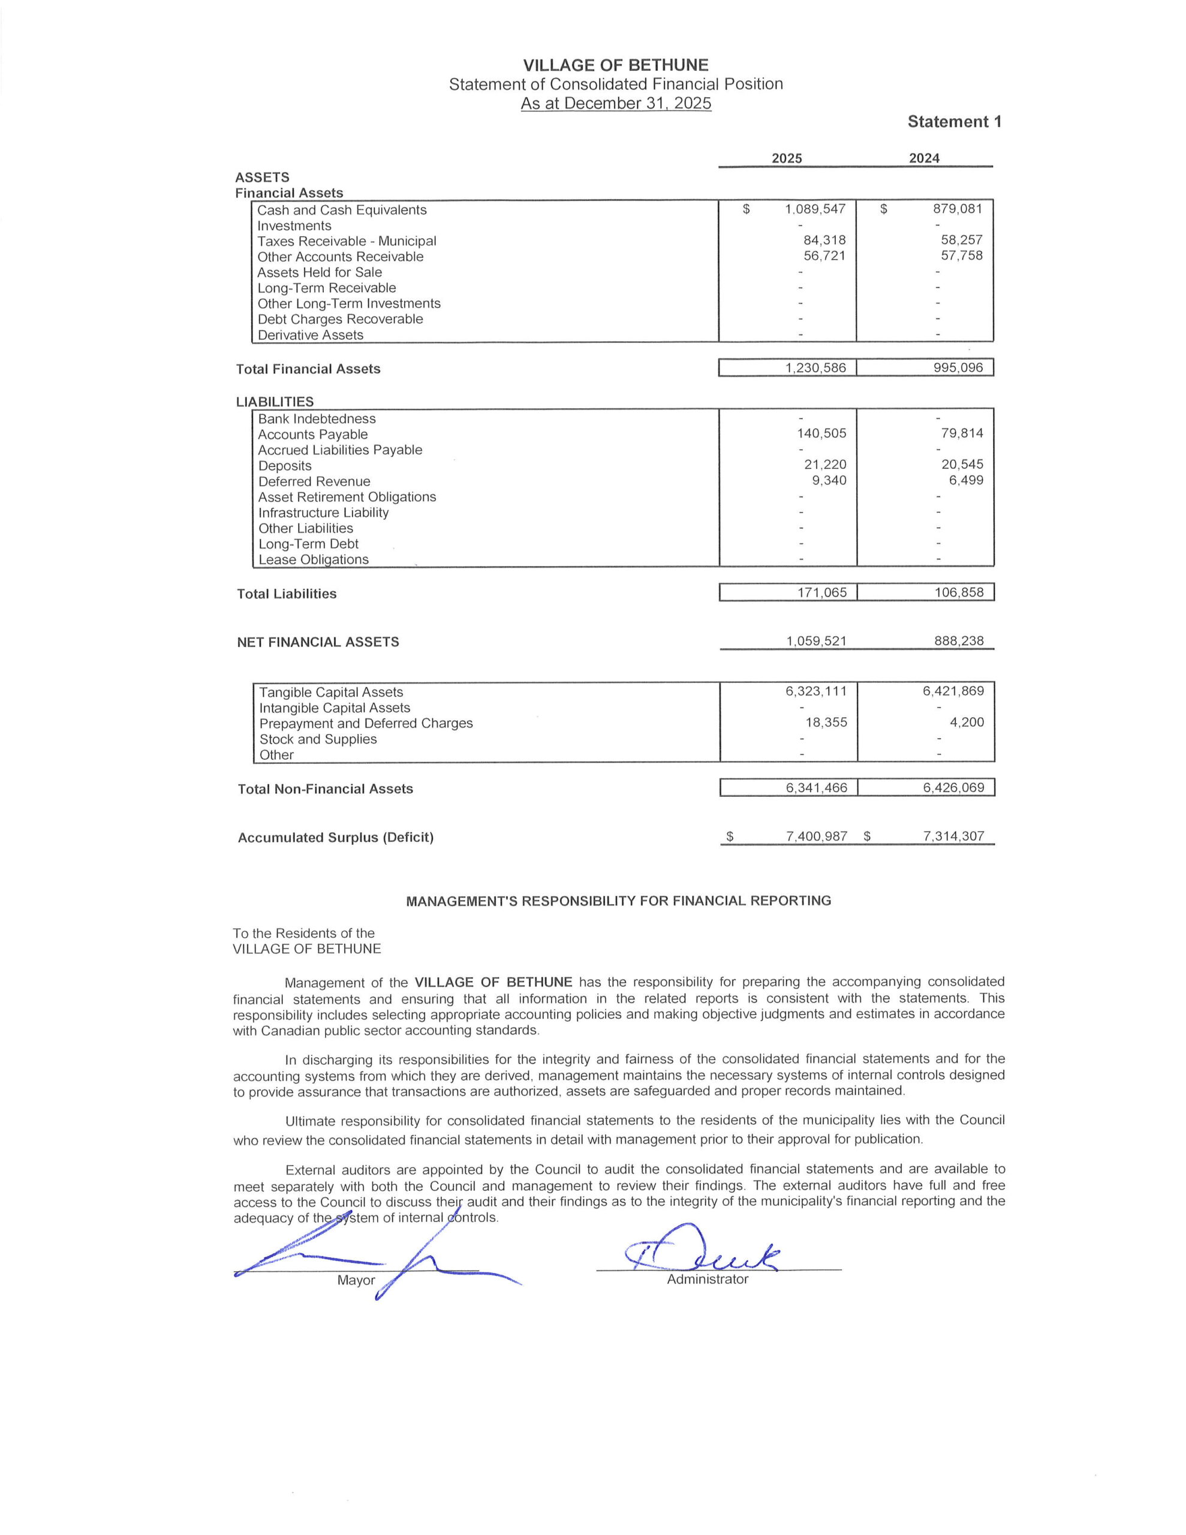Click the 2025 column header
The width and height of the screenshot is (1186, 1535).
click(786, 158)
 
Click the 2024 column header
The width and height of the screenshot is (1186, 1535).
click(924, 158)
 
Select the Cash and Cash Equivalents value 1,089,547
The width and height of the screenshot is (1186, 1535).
click(815, 209)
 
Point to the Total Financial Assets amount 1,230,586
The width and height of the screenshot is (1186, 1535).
click(815, 368)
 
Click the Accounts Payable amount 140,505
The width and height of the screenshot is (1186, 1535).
click(821, 434)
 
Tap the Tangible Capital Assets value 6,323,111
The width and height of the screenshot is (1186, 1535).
click(815, 691)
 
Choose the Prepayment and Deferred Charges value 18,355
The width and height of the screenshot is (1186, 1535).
click(826, 722)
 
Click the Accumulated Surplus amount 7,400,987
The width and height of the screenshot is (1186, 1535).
click(816, 836)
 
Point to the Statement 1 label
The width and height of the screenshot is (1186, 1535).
click(954, 122)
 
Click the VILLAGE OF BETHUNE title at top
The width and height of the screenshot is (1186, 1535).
click(615, 65)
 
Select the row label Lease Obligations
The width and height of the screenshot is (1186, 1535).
click(314, 559)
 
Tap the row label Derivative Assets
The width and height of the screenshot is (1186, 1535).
click(310, 335)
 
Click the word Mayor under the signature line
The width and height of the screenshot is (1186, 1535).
click(356, 1280)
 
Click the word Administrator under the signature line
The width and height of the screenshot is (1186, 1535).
click(708, 1279)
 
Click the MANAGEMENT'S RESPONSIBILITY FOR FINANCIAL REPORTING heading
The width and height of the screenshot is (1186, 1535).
click(619, 901)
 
